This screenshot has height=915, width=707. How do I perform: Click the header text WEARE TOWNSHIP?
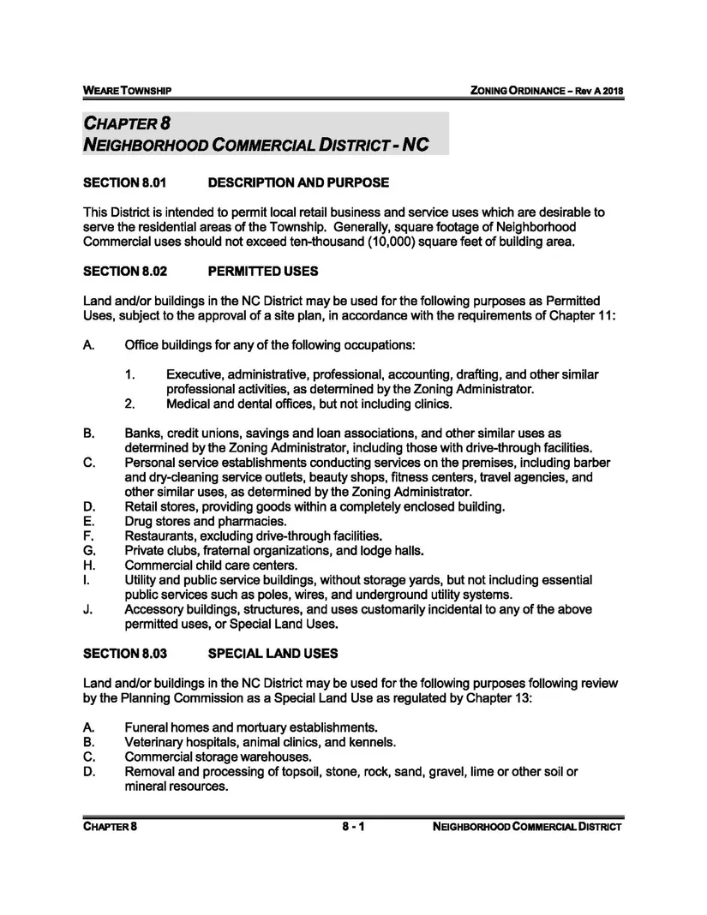128,91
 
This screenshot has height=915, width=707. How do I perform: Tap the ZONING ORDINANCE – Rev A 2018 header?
541,91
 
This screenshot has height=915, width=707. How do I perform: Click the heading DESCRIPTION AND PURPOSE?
298,182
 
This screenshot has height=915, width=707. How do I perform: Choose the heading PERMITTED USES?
263,272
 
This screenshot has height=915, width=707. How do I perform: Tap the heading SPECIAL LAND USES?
273,654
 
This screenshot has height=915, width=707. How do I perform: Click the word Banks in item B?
142,434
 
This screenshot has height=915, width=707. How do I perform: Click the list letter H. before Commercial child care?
88,565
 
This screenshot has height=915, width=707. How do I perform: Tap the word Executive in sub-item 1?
195,374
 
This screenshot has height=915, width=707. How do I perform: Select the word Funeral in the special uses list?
147,727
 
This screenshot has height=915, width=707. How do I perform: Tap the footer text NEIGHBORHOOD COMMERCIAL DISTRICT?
527,827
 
